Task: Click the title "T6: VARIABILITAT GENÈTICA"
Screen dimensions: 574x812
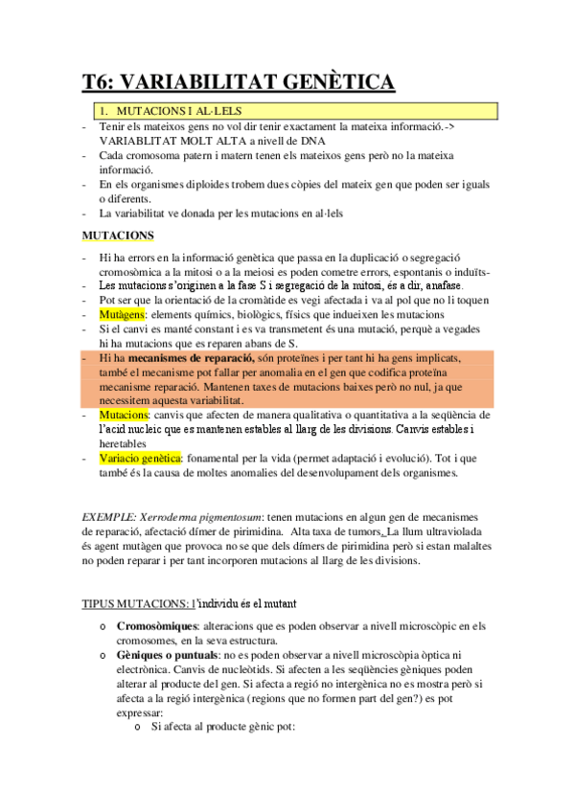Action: [x=238, y=82]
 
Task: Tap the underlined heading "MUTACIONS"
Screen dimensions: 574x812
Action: [x=118, y=235]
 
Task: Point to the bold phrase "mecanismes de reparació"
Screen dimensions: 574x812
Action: [x=189, y=357]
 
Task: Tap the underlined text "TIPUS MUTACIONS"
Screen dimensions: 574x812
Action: [x=134, y=603]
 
